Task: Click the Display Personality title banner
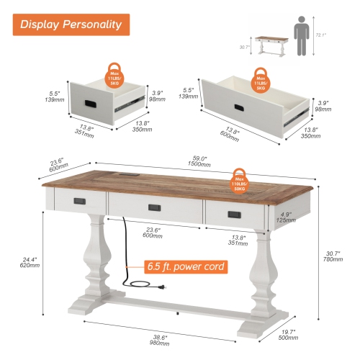pos(70,24)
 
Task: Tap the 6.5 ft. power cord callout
pos(186,266)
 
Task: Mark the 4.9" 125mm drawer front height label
pos(287,217)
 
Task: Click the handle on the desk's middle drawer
pos(154,208)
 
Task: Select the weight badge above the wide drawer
pos(262,78)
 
